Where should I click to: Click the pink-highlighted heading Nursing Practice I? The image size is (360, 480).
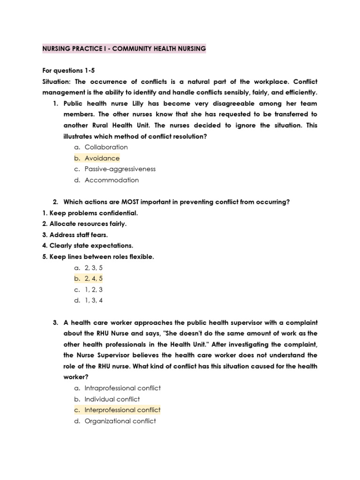[x=124, y=49]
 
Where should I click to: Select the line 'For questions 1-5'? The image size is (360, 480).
[x=68, y=70]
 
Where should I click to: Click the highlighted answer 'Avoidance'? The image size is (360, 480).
[x=102, y=158]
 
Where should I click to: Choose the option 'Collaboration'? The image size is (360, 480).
[x=106, y=147]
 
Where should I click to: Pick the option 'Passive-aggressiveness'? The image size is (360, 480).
[x=120, y=169]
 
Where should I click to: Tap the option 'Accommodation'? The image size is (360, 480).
[x=112, y=180]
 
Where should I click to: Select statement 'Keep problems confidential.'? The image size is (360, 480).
[x=90, y=213]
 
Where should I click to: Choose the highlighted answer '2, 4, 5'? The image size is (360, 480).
[x=93, y=278]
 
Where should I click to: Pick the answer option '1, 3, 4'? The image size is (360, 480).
[x=93, y=300]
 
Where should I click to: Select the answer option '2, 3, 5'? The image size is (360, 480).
[x=93, y=268]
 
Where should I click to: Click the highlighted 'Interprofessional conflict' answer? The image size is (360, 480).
[x=122, y=410]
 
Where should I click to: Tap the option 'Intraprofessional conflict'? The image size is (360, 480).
[x=122, y=388]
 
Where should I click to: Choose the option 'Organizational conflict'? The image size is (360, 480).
[x=120, y=421]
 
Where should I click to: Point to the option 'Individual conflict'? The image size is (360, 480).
[x=112, y=399]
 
